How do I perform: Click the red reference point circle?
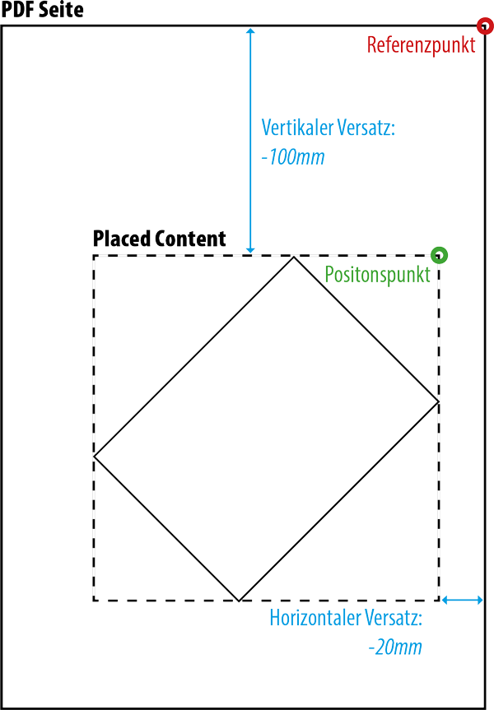point(485,26)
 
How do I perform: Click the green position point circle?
point(440,254)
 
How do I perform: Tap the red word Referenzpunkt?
point(421,45)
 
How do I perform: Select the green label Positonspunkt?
point(377,275)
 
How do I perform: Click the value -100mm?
point(292,156)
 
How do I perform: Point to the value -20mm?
point(395,647)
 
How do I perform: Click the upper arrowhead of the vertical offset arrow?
point(250,31)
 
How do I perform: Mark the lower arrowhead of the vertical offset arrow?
point(250,249)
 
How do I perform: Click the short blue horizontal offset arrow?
point(462,601)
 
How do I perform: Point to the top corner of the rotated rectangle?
point(294,257)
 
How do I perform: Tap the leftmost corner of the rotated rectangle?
point(95,455)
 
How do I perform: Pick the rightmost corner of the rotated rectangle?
point(438,401)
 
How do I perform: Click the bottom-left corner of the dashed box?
point(94,600)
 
